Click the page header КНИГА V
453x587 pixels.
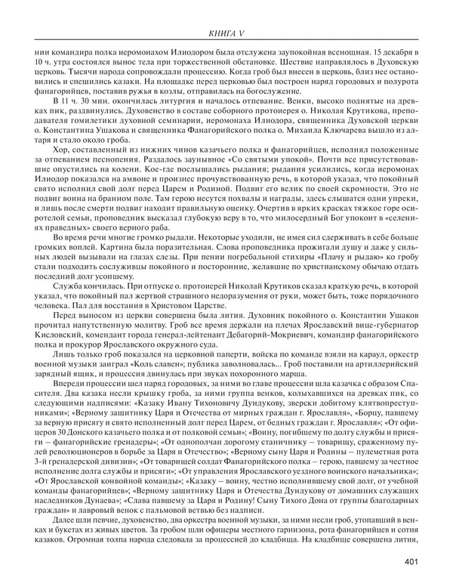click(x=226, y=32)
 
